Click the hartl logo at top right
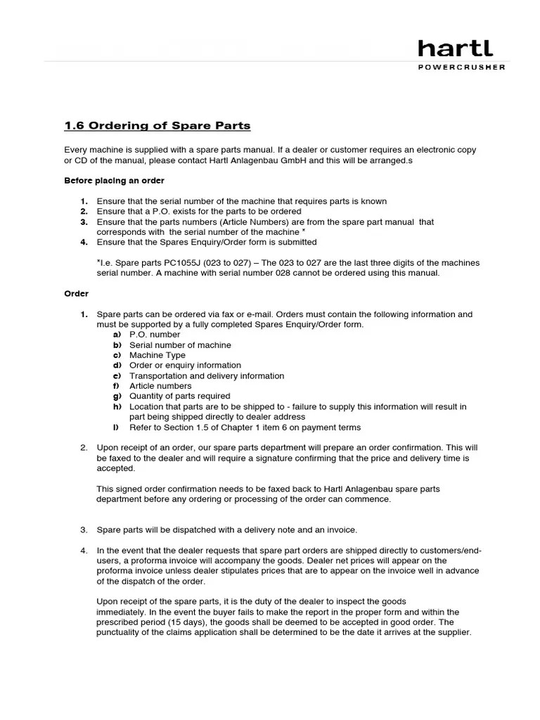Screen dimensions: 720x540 click(455, 49)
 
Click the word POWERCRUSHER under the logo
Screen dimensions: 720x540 click(461, 67)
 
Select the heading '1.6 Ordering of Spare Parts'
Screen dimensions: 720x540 click(157, 126)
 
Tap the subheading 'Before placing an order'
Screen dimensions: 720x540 click(114, 181)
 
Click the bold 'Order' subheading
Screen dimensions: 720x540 click(76, 293)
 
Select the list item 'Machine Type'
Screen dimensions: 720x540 click(157, 355)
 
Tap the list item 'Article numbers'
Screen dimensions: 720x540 click(160, 386)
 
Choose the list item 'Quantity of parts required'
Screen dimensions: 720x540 click(179, 396)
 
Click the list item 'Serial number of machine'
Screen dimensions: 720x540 click(180, 345)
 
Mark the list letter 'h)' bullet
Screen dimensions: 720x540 click(117, 406)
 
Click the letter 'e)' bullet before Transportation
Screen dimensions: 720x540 click(117, 375)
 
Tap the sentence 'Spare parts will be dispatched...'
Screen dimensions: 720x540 click(226, 529)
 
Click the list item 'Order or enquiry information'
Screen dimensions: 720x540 click(185, 366)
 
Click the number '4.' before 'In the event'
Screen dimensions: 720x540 click(83, 550)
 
